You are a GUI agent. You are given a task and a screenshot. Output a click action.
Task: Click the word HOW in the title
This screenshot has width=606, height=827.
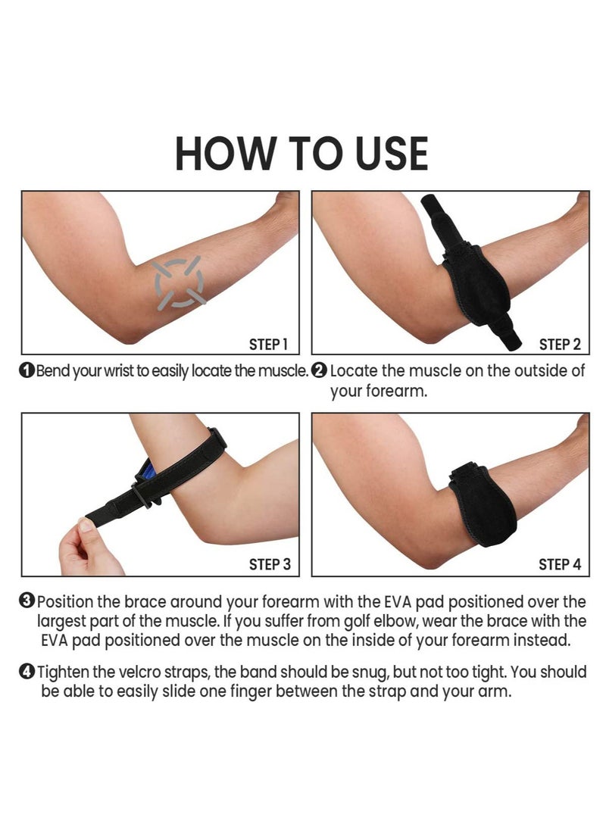[x=226, y=153]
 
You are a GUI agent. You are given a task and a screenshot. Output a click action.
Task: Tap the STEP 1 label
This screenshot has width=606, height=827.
[x=268, y=345]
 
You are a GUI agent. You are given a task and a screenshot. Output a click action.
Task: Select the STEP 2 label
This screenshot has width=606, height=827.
[x=560, y=345]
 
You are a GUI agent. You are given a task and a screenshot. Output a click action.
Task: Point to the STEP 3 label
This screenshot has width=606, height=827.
[x=270, y=564]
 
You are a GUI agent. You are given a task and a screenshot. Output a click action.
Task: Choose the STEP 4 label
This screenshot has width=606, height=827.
[x=560, y=564]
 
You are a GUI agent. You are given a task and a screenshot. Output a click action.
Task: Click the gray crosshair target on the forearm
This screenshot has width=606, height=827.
[x=179, y=282]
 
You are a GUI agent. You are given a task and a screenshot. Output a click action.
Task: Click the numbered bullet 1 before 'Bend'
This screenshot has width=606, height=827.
[x=27, y=371]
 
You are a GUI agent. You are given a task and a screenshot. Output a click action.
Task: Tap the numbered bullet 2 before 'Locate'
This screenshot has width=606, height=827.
[x=319, y=371]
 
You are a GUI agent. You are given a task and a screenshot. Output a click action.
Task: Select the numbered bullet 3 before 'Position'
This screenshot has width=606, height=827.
[x=27, y=601]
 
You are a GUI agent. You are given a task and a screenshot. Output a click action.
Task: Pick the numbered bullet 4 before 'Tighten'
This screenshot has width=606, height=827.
[x=27, y=672]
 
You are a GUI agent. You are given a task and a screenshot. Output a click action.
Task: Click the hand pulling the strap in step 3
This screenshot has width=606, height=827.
[x=89, y=548]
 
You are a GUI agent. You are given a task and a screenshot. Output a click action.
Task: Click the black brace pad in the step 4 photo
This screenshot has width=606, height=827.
[x=483, y=504]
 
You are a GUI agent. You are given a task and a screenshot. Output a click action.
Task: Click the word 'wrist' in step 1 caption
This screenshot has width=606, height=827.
[x=119, y=371]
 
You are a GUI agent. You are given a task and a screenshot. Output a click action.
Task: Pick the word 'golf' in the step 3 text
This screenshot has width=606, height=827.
[x=356, y=621]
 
